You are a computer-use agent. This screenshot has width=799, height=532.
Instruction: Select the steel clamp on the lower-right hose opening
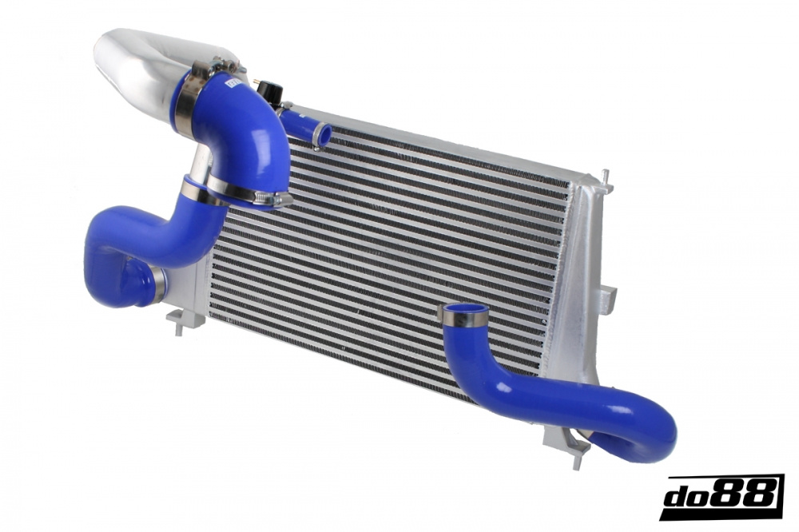coord(464,320)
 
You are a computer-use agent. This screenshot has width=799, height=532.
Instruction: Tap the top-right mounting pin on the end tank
coord(605,175)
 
